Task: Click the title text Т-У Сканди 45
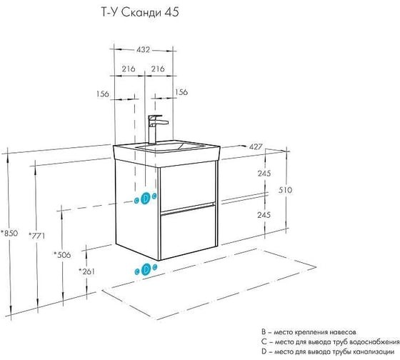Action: pyautogui.click(x=140, y=13)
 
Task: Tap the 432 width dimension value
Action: pyautogui.click(x=143, y=49)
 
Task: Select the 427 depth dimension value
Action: pyautogui.click(x=256, y=146)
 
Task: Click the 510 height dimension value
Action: pyautogui.click(x=285, y=190)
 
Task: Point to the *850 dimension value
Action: pyautogui.click(x=9, y=233)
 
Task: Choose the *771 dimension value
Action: pyautogui.click(x=36, y=236)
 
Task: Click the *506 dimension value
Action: pyautogui.click(x=62, y=254)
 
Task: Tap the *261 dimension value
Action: pyautogui.click(x=86, y=271)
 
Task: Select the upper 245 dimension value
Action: pyautogui.click(x=264, y=174)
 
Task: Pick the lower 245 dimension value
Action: pyautogui.click(x=264, y=215)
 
